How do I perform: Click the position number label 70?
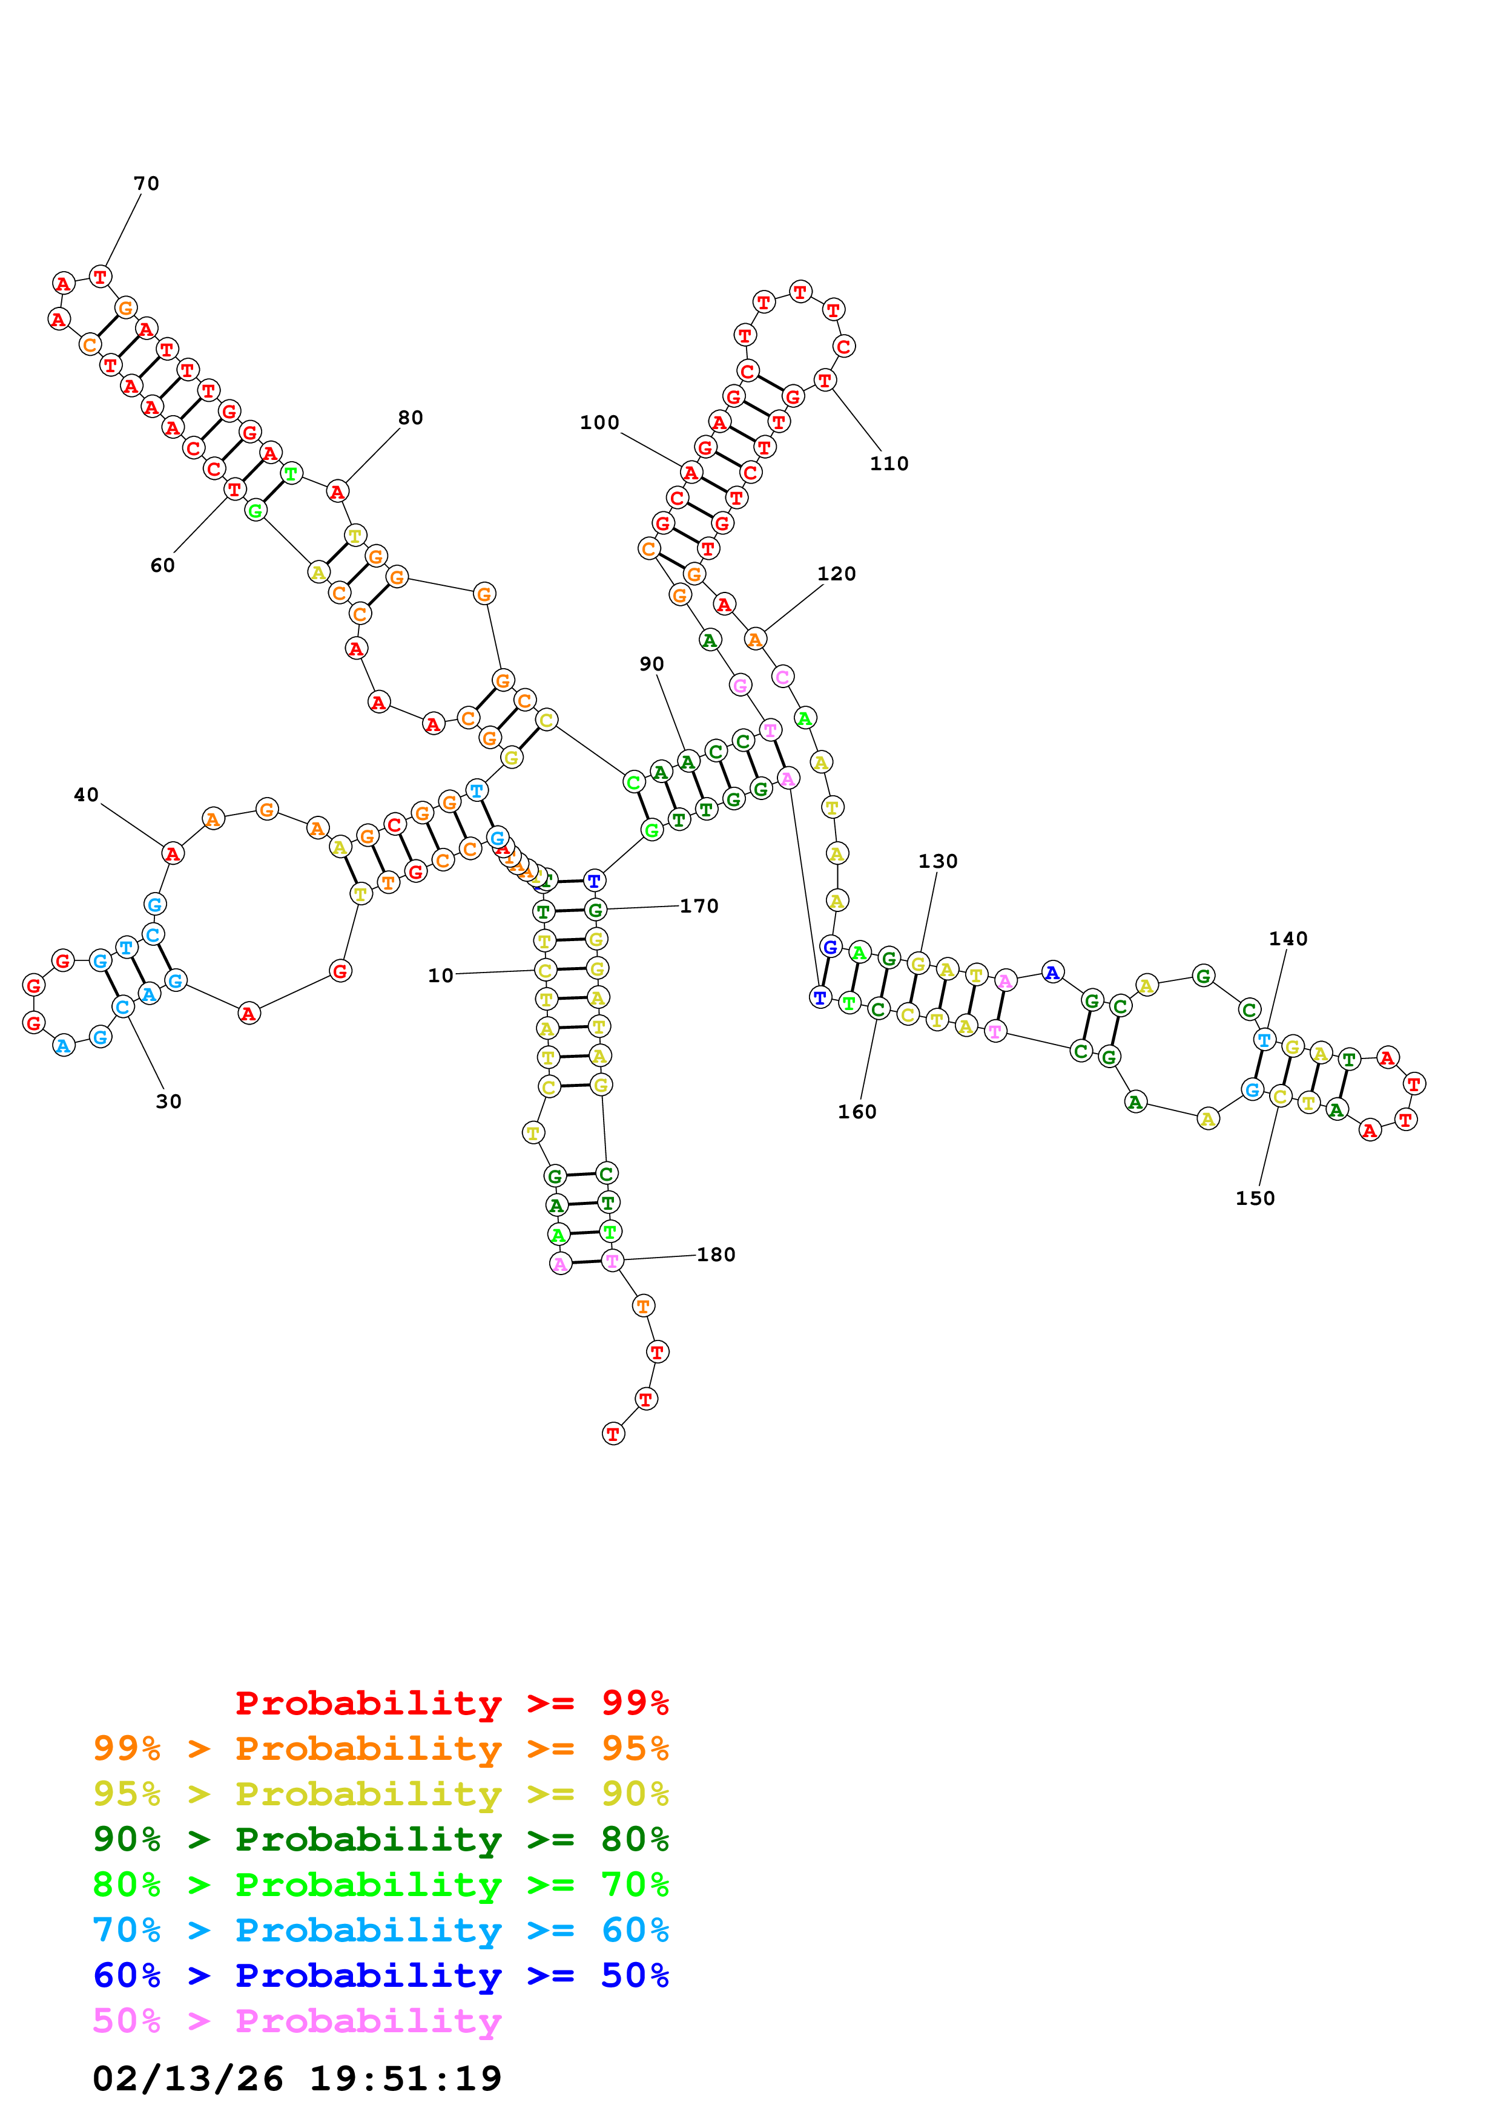pos(146,183)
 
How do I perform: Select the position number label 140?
pos(1287,939)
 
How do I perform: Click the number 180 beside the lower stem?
pos(715,1255)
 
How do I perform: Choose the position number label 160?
pos(856,1112)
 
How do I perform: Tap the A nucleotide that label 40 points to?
pos(172,853)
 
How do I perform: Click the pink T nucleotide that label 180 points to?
pos(612,1260)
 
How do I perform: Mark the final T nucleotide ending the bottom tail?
pos(612,1434)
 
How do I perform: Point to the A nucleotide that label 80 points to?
pos(338,492)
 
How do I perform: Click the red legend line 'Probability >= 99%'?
pos(451,1702)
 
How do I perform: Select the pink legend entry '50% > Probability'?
pos(296,2020)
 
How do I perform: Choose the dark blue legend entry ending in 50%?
pos(380,1975)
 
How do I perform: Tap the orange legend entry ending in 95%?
pos(380,1748)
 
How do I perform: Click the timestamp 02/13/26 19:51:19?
pos(296,2078)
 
